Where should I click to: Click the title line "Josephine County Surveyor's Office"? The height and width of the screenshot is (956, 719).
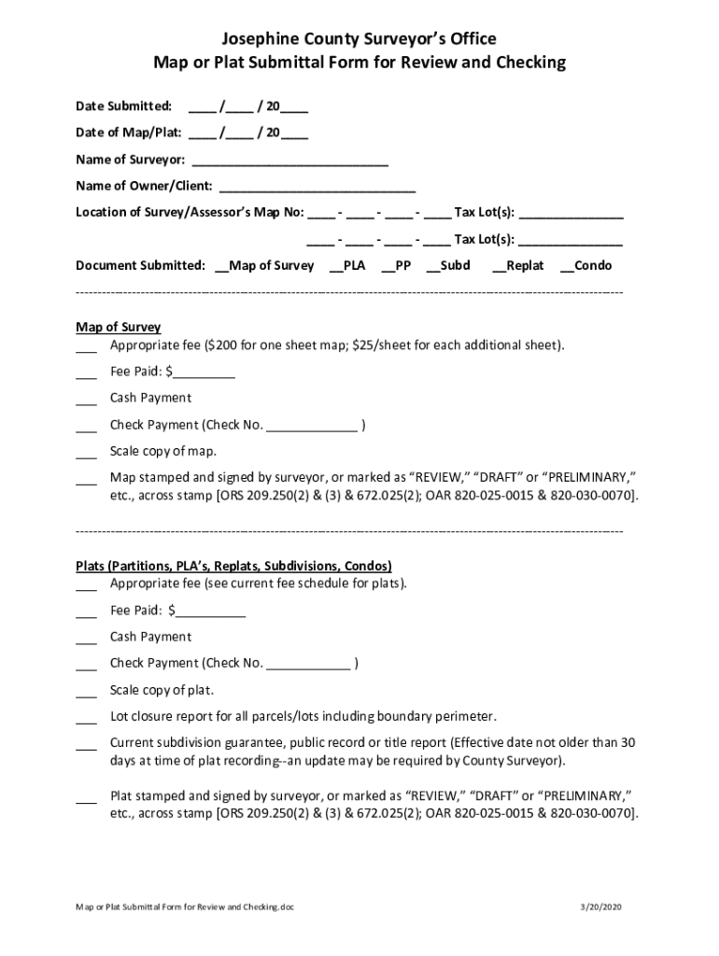pyautogui.click(x=359, y=39)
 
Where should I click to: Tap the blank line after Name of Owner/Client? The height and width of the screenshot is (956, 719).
pyautogui.click(x=317, y=187)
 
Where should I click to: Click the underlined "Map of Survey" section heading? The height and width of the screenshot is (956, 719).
pyautogui.click(x=119, y=328)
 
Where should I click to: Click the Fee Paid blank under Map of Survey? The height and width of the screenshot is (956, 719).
pyautogui.click(x=204, y=373)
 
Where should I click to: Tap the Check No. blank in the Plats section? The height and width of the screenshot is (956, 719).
pyautogui.click(x=309, y=665)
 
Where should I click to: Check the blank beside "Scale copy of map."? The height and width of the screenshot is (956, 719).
pyautogui.click(x=86, y=454)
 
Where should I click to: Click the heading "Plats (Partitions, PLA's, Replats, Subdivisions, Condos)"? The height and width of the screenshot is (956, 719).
pyautogui.click(x=233, y=567)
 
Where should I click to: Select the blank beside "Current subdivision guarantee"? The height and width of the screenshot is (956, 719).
pyautogui.click(x=86, y=746)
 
